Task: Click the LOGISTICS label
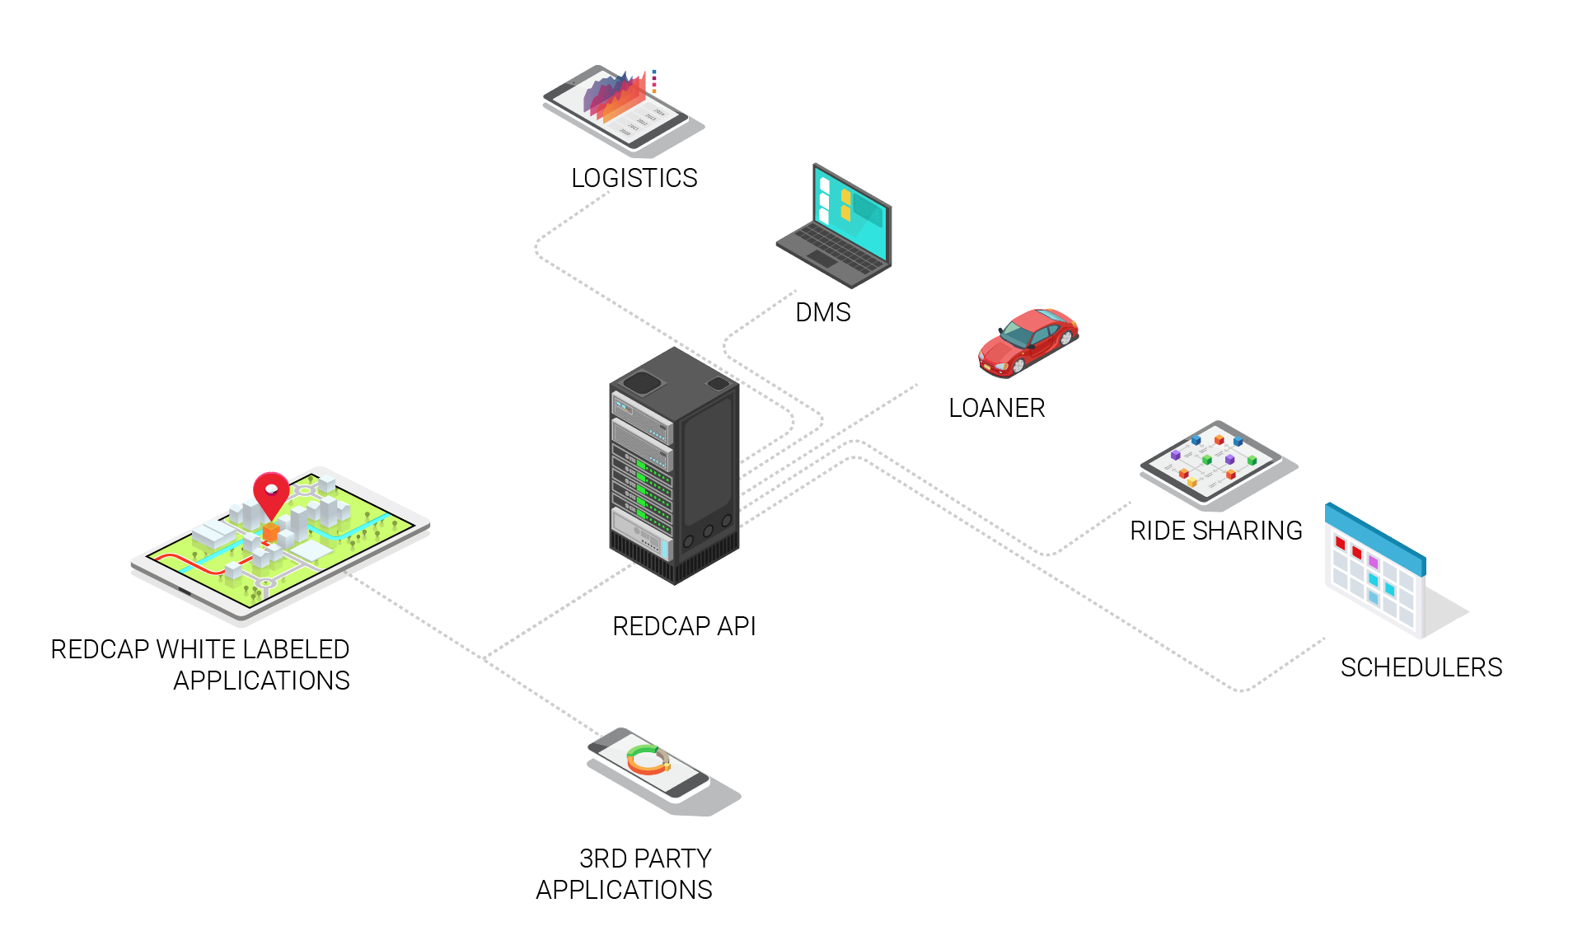click(634, 178)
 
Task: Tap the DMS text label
click(822, 312)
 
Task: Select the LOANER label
click(996, 408)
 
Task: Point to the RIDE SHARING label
click(1215, 531)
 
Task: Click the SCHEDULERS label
click(1421, 667)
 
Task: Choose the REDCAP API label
click(684, 626)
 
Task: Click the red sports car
click(1028, 341)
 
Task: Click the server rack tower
click(674, 465)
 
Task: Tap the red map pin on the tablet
click(271, 492)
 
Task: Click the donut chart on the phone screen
click(648, 759)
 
